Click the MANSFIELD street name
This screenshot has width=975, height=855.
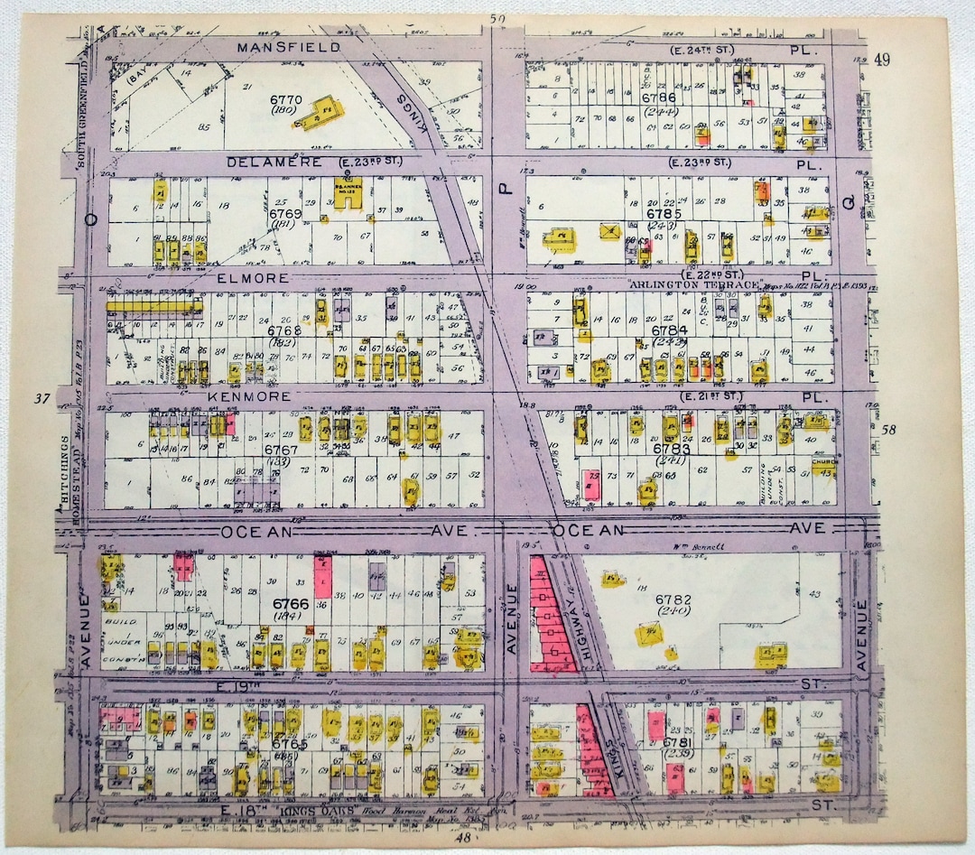(288, 47)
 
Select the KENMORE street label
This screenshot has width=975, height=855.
(254, 396)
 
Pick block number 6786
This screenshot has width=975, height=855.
(658, 98)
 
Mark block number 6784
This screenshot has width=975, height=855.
(669, 330)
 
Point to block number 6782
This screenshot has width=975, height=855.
(673, 599)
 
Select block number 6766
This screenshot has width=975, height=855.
(285, 602)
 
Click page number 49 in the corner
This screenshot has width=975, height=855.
(882, 60)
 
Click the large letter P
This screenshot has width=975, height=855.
(506, 188)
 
